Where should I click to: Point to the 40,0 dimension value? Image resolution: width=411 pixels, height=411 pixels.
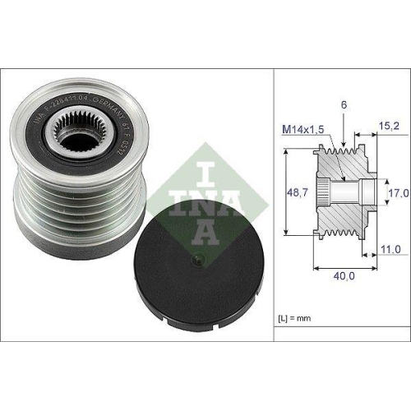(343, 277)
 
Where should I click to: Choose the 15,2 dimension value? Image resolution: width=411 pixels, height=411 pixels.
(389, 127)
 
